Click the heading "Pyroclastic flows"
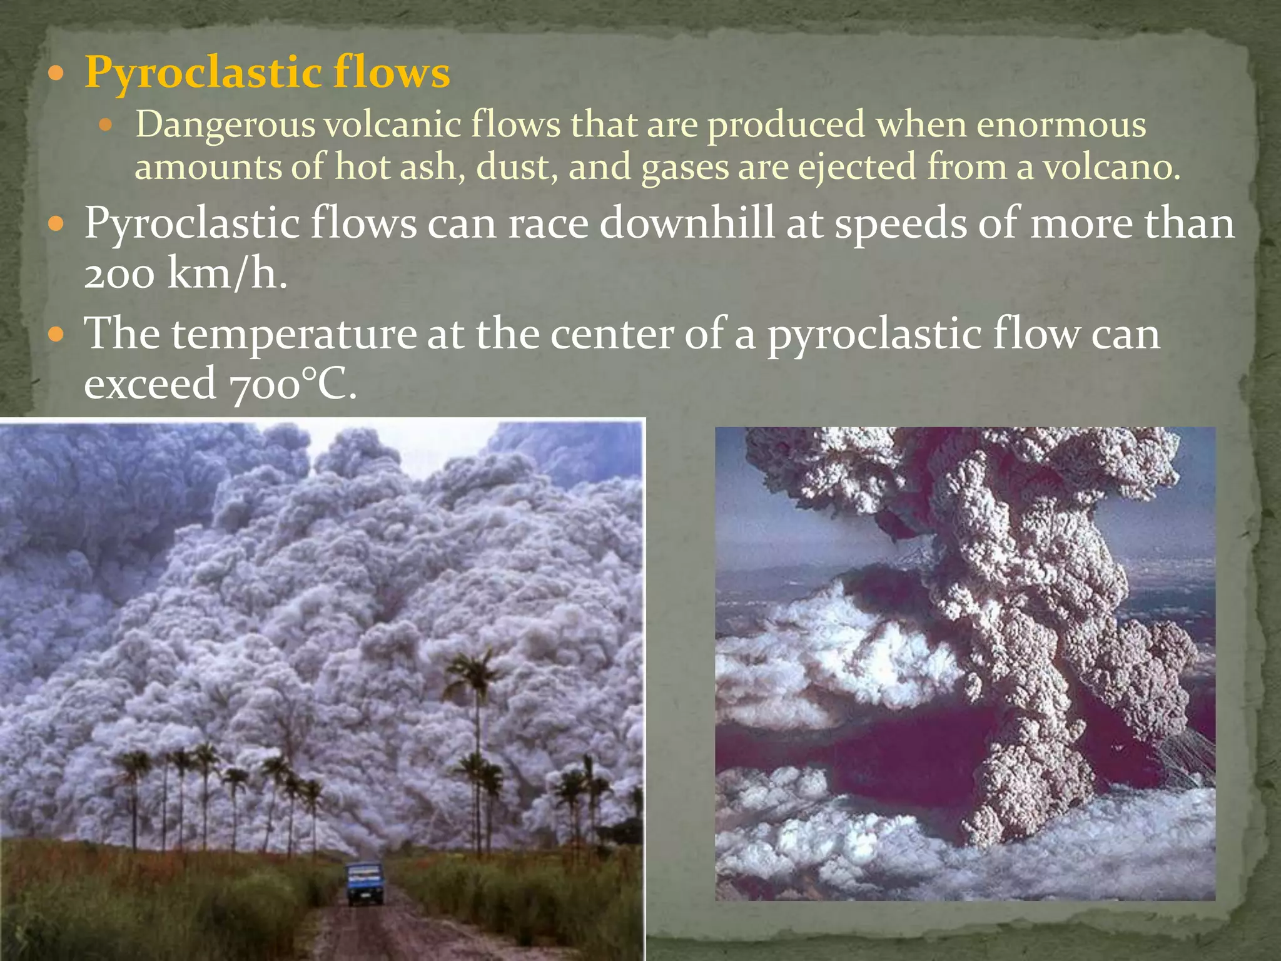(x=267, y=73)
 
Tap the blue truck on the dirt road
(x=365, y=883)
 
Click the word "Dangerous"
(x=225, y=125)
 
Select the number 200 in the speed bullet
(x=119, y=274)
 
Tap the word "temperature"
(x=294, y=334)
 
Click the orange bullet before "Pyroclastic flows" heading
(x=56, y=74)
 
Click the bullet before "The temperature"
(x=56, y=335)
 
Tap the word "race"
(x=548, y=224)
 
